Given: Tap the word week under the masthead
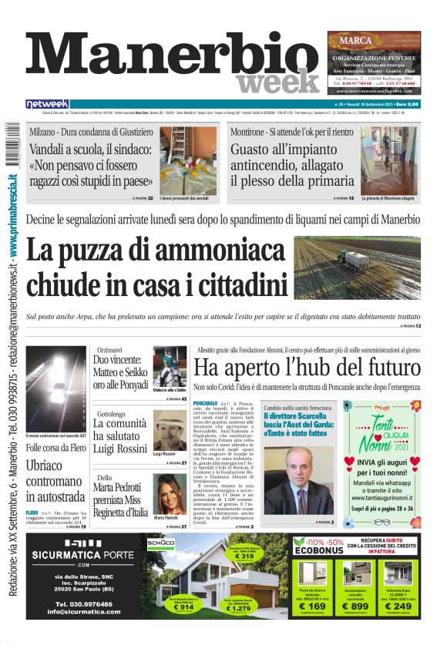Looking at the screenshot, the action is point(277,81).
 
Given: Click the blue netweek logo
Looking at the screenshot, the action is point(48,104).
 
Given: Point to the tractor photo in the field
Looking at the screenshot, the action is point(357,267).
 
